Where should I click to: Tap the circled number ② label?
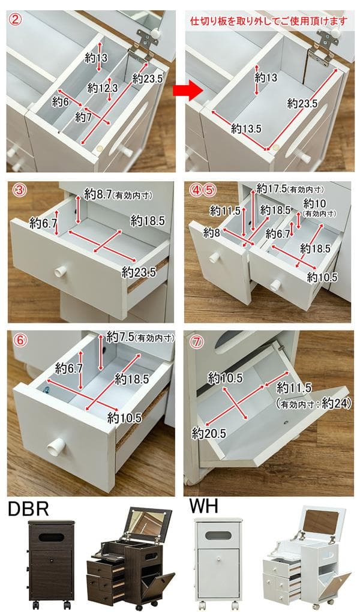[16, 19]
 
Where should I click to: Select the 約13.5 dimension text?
[245, 128]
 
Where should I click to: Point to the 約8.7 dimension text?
[98, 194]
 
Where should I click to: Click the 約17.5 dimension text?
[271, 188]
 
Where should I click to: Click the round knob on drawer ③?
[59, 271]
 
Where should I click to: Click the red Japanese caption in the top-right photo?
[268, 21]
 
